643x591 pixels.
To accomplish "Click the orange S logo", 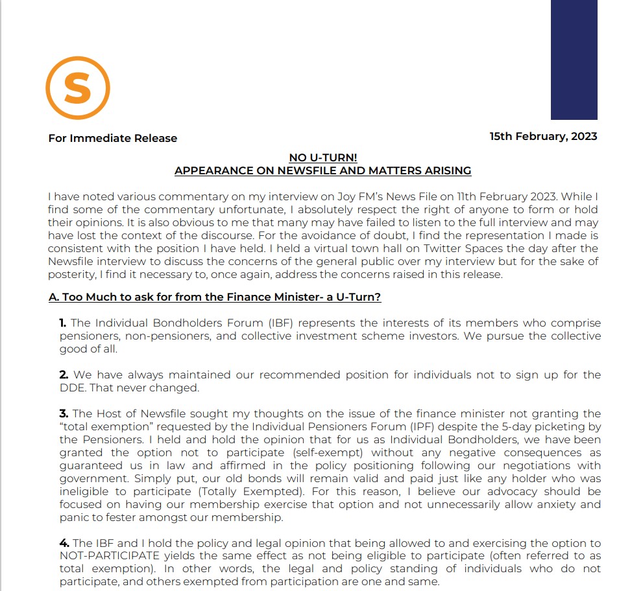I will pyautogui.click(x=77, y=88).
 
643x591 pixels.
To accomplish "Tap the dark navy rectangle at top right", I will pyautogui.click(x=574, y=60).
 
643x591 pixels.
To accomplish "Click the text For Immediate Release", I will pyautogui.click(x=112, y=138).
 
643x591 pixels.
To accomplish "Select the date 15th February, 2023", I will pyautogui.click(x=543, y=136).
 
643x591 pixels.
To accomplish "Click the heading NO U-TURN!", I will pyautogui.click(x=322, y=158).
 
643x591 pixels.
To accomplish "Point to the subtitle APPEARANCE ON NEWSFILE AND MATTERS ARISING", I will pyautogui.click(x=322, y=171).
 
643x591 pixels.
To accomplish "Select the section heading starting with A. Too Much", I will pyautogui.click(x=215, y=297).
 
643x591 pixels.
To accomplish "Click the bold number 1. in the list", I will pyautogui.click(x=63, y=323).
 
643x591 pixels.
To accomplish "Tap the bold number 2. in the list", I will pyautogui.click(x=64, y=375).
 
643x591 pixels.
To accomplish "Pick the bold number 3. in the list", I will pyautogui.click(x=64, y=413).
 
